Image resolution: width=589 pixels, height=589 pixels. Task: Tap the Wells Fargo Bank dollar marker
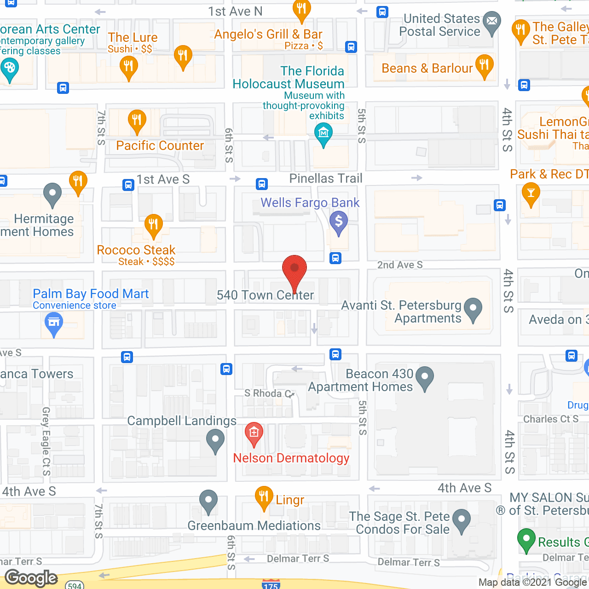point(339,222)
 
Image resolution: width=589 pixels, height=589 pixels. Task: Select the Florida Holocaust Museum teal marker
point(323,135)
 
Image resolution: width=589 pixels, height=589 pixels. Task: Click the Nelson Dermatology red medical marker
point(254,433)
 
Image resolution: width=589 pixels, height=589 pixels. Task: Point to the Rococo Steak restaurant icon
point(153,225)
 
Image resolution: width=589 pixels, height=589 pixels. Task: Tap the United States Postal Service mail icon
point(492,22)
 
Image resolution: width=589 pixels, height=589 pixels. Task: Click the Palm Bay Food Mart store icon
point(54,323)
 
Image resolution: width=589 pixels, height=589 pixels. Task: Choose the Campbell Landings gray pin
point(215,440)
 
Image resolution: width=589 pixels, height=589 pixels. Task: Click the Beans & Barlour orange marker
point(484,65)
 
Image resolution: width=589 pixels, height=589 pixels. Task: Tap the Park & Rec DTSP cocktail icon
point(531,194)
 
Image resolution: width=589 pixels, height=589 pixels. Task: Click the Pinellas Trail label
point(326,179)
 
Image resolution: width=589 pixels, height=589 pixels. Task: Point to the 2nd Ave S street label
point(400,265)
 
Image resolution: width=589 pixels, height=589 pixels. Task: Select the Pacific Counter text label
point(160,146)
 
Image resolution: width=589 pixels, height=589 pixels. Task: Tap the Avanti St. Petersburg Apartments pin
point(473,309)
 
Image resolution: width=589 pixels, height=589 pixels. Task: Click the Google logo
point(31,578)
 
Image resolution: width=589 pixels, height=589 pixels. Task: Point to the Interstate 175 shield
point(271,584)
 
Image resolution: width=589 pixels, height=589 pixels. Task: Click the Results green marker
point(526,540)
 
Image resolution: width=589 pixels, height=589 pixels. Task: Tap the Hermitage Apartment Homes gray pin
point(52,194)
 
